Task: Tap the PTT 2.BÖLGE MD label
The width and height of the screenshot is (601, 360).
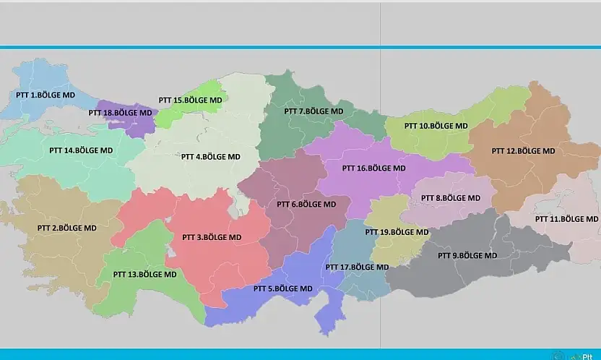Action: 66,228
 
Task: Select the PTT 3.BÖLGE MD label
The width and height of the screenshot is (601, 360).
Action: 212,237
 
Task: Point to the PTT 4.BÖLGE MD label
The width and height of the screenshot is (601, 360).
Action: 210,156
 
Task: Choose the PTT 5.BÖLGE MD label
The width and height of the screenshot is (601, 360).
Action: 282,288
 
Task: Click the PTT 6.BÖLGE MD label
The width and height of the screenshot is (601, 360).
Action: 306,204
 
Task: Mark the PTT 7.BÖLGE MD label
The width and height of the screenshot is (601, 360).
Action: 314,111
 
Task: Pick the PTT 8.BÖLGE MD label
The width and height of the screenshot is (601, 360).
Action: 450,197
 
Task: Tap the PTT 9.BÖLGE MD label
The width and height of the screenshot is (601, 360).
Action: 467,255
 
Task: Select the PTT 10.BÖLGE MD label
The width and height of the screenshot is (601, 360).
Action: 436,125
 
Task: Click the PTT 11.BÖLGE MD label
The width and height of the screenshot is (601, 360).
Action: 566,218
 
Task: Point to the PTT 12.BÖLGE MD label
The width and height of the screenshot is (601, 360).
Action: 523,151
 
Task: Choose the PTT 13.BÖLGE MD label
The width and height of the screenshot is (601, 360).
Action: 144,275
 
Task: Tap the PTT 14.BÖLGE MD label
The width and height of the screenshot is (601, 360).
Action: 81,150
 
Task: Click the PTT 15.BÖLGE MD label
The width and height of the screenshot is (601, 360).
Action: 190,100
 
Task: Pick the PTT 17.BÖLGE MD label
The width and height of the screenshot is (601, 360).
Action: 357,267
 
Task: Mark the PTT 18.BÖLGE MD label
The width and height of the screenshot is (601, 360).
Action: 120,113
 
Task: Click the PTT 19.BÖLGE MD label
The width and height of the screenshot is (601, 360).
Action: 397,232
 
